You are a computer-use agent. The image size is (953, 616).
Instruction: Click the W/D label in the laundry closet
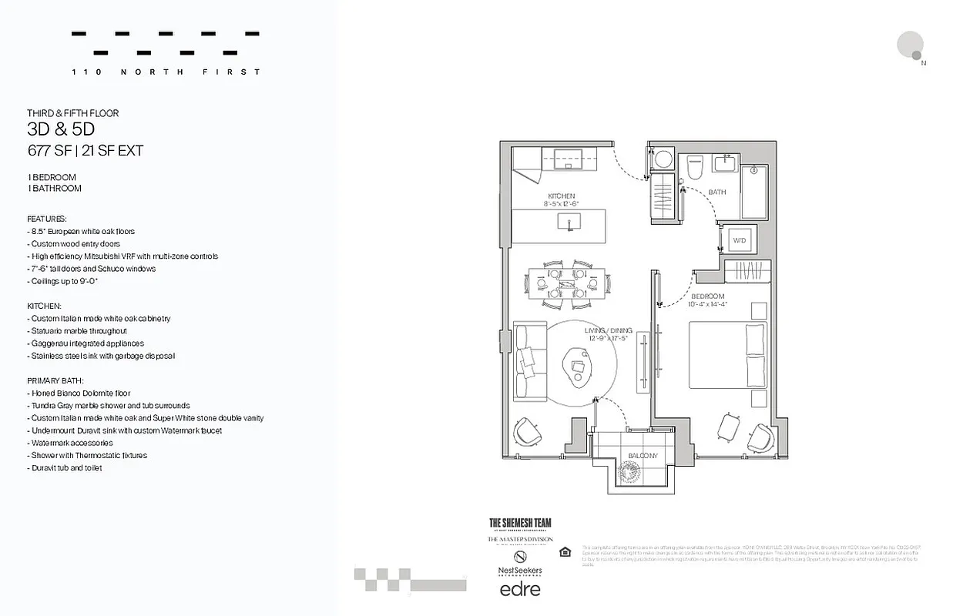739,241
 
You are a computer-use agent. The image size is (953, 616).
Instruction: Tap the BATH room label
716,192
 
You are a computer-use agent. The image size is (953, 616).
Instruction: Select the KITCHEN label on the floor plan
562,196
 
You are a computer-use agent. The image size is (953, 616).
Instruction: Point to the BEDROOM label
707,296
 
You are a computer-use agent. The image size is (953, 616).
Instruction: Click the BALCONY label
643,456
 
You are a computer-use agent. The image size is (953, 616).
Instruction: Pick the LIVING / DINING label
606,332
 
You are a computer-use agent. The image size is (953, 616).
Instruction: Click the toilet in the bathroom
696,167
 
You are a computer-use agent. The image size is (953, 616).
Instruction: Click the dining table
566,283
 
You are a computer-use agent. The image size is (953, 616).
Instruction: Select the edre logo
520,590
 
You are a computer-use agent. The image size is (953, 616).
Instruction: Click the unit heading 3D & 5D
61,130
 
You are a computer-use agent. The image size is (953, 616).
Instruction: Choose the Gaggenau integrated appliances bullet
86,343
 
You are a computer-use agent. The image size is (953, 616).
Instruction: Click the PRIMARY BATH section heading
55,380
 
